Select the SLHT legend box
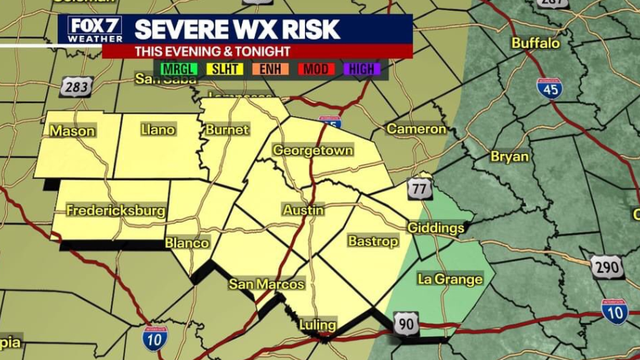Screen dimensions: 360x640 224,69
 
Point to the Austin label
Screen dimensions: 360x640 303,211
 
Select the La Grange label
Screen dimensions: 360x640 450,279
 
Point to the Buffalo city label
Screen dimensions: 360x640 536,43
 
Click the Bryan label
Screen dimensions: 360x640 509,156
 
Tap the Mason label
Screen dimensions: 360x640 73,131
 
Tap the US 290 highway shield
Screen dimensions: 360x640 606,267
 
